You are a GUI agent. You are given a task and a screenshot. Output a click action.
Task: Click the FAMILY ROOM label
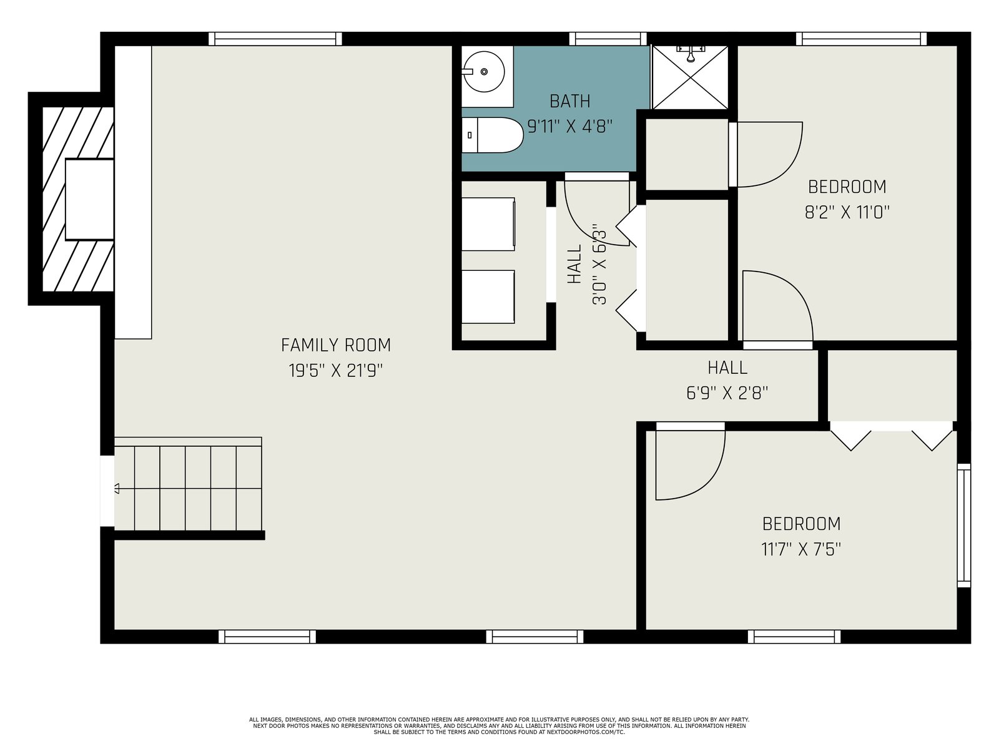click(x=336, y=345)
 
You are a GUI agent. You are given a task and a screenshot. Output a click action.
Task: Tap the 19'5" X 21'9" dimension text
click(x=336, y=371)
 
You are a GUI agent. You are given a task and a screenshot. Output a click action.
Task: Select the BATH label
click(x=570, y=101)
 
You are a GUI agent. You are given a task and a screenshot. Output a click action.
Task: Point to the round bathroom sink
click(x=484, y=71)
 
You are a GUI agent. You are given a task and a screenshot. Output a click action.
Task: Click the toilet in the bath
click(x=493, y=135)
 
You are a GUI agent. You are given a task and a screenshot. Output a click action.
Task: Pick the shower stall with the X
click(x=690, y=77)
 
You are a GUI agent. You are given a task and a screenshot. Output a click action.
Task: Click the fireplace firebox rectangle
click(x=89, y=199)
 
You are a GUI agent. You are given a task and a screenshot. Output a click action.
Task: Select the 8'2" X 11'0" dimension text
click(x=847, y=212)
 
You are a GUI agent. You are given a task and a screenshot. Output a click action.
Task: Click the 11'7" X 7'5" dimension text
click(x=801, y=549)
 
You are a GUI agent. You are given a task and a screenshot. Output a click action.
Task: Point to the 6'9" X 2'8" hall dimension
click(x=727, y=393)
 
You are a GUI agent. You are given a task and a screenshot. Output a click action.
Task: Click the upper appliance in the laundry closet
click(x=488, y=223)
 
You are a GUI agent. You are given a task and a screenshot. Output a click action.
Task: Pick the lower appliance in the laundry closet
click(x=488, y=296)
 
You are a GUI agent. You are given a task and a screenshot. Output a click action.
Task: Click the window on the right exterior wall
click(x=964, y=526)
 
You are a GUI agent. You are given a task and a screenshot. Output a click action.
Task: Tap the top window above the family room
click(x=275, y=39)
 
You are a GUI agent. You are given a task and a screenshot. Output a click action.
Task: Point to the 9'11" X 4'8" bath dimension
click(x=570, y=127)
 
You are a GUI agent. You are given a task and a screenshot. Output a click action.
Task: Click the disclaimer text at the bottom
click(x=499, y=726)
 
